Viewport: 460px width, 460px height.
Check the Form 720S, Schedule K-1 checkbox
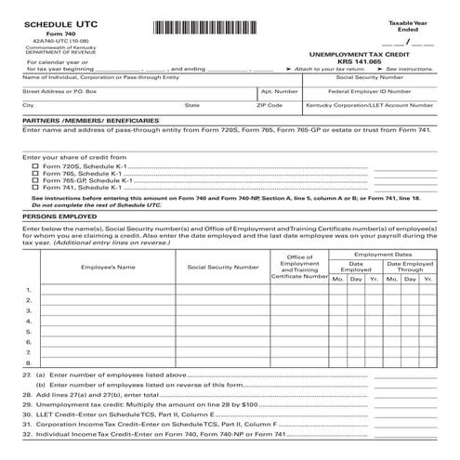point(35,165)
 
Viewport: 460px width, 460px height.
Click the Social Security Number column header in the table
point(223,267)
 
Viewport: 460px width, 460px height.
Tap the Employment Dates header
point(383,253)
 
